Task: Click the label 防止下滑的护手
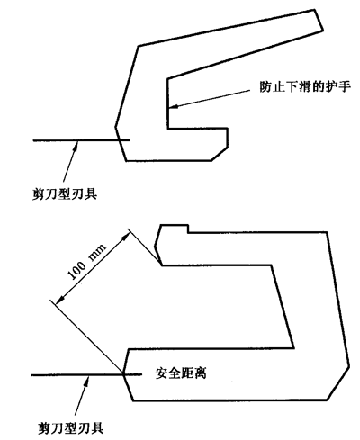(305, 87)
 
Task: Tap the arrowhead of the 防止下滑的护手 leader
(173, 106)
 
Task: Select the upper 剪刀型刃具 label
(65, 193)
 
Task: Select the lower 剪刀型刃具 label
(71, 427)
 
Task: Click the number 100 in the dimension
(76, 270)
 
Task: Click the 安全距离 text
(181, 373)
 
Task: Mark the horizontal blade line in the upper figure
(82, 140)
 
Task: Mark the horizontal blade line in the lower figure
(86, 374)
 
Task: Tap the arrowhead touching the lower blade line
(86, 381)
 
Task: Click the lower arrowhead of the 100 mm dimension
(61, 298)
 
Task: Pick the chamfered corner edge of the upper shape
(220, 154)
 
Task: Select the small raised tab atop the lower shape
(174, 229)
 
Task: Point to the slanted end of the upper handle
(319, 20)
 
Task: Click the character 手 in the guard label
(345, 87)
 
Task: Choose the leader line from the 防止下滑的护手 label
(210, 98)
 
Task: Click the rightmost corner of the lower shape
(349, 366)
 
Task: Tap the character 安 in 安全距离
(161, 373)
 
